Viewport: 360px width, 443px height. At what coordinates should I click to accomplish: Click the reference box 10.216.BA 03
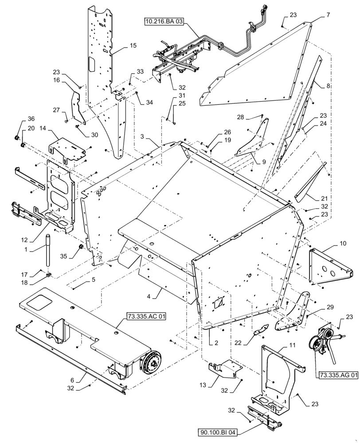[163, 22]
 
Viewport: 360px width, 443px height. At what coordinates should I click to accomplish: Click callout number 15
[133, 46]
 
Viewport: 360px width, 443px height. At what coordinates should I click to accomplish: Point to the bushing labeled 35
[81, 246]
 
